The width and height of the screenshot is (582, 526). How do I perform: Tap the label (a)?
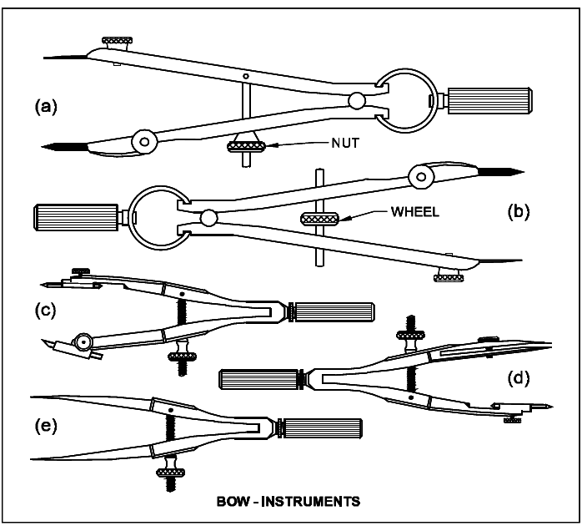(46, 106)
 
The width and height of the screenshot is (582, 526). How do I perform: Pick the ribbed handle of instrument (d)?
(257, 379)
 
